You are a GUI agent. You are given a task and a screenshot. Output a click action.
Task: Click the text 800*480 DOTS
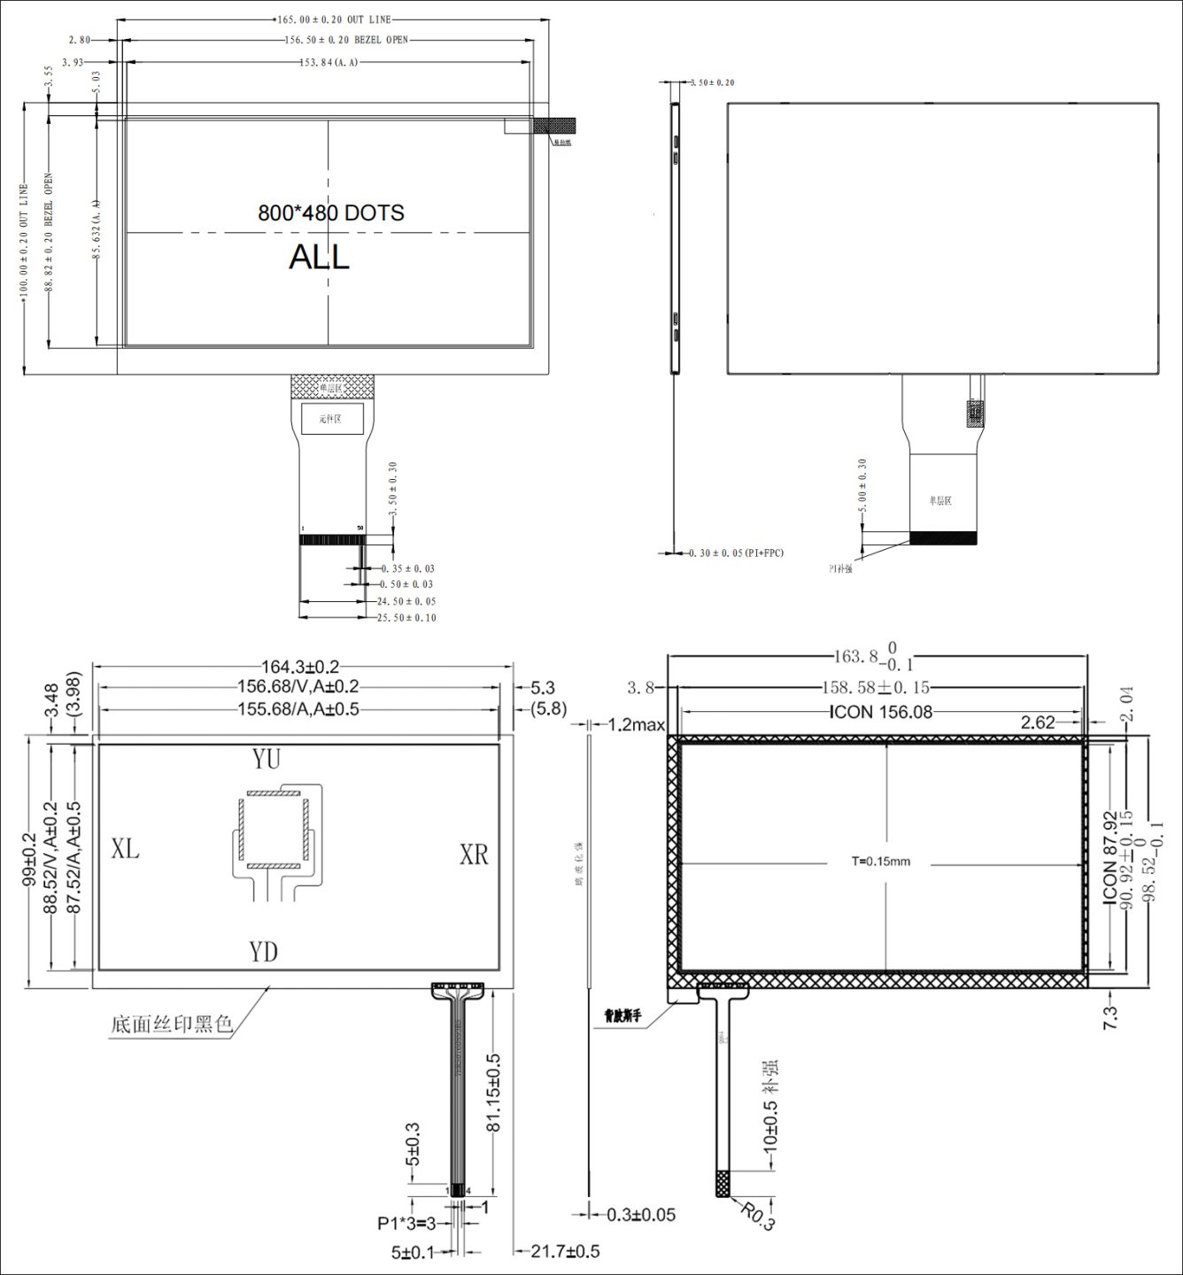(330, 212)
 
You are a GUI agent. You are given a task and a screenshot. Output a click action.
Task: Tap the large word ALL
(319, 257)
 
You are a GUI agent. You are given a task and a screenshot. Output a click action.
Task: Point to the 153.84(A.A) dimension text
(329, 62)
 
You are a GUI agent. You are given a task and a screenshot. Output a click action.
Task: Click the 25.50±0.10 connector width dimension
(406, 617)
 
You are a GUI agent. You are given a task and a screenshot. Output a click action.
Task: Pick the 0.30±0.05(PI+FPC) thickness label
(736, 553)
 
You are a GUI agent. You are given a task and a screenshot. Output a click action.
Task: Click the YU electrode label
(266, 759)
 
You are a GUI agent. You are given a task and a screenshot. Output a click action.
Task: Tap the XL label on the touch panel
(125, 848)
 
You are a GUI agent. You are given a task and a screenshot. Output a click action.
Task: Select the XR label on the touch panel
(474, 854)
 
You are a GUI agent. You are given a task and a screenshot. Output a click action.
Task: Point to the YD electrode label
(263, 951)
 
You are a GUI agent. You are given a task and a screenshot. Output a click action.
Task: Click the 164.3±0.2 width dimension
(299, 667)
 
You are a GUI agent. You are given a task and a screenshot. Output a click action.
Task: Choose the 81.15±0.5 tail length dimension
(494, 1092)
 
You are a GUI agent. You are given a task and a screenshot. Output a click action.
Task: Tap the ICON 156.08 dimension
(881, 712)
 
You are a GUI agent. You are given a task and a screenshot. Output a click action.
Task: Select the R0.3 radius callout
(758, 1217)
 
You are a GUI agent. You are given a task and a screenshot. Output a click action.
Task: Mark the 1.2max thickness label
(636, 725)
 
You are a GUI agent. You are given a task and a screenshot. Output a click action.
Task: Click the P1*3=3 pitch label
(406, 1224)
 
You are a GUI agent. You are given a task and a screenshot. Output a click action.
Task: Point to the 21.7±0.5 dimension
(565, 1251)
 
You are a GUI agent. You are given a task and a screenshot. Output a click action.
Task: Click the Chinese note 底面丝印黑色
(171, 1024)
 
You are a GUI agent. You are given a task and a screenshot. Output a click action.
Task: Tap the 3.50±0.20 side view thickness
(712, 82)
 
